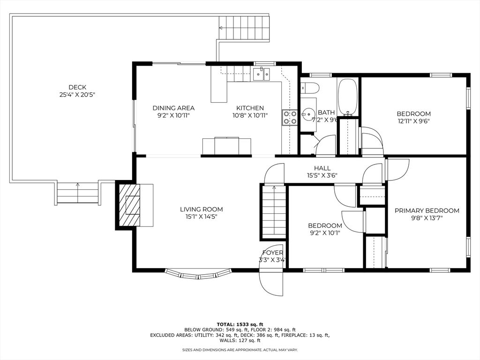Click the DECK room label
[x=77, y=87]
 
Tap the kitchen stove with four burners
[x=290, y=118]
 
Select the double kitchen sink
[x=262, y=74]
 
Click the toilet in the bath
[x=310, y=88]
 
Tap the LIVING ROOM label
[x=201, y=210]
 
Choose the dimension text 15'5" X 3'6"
[x=322, y=175]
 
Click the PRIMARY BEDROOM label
[x=427, y=210]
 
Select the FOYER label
[x=272, y=253]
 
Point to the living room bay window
[x=198, y=274]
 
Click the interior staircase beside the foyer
[x=274, y=211]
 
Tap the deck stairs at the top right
[x=244, y=28]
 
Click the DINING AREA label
[x=173, y=108]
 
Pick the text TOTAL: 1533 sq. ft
[x=240, y=324]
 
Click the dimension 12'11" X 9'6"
[x=413, y=121]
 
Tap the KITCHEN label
[x=250, y=108]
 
